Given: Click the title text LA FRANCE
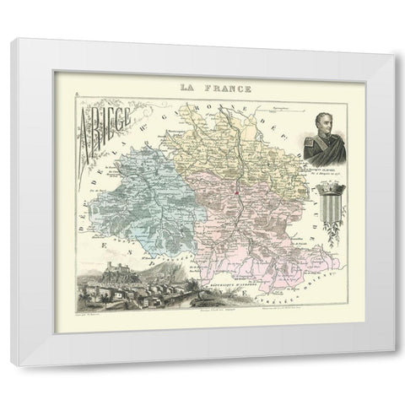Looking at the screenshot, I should (x=202, y=87).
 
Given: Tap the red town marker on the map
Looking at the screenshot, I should (x=238, y=191).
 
